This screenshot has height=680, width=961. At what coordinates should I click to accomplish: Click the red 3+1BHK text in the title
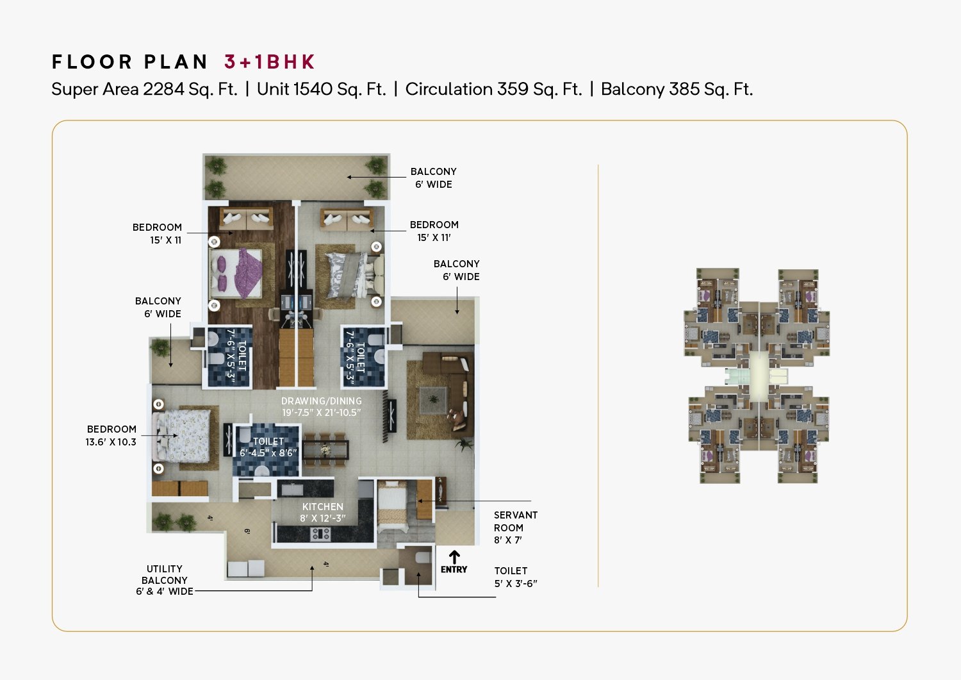pyautogui.click(x=270, y=62)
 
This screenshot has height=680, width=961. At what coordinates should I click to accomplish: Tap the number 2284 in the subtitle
pyautogui.click(x=163, y=89)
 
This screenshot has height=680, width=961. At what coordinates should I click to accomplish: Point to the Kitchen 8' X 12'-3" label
pyautogui.click(x=323, y=513)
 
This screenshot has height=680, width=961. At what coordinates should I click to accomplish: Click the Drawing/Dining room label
pyautogui.click(x=322, y=406)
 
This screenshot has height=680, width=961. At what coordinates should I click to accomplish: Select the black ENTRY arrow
pyautogui.click(x=454, y=557)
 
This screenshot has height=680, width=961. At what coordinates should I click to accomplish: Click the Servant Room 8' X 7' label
pyautogui.click(x=516, y=527)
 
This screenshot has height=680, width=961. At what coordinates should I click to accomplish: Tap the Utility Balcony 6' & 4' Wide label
pyautogui.click(x=165, y=580)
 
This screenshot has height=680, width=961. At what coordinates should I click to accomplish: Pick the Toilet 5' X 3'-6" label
pyautogui.click(x=516, y=577)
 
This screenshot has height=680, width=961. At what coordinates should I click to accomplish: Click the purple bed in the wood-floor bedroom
pyautogui.click(x=236, y=273)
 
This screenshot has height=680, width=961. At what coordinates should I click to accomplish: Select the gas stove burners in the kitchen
pyautogui.click(x=321, y=534)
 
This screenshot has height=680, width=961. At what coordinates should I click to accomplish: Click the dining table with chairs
pyautogui.click(x=325, y=450)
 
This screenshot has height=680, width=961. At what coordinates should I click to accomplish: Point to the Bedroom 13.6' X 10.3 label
pyautogui.click(x=111, y=435)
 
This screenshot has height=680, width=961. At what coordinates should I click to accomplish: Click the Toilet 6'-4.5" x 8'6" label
pyautogui.click(x=268, y=447)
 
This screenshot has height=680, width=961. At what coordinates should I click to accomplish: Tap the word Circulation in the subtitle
pyautogui.click(x=448, y=89)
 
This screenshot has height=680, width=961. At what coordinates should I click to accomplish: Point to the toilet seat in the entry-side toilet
pyautogui.click(x=423, y=557)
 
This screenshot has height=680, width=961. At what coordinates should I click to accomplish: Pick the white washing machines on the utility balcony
pyautogui.click(x=246, y=568)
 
